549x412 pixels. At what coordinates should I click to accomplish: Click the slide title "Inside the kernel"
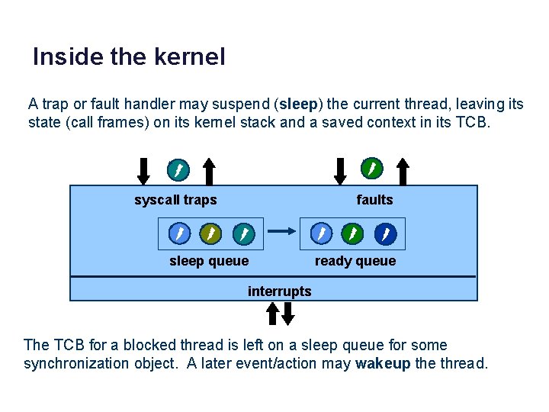point(129,57)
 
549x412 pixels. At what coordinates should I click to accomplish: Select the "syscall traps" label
point(175,201)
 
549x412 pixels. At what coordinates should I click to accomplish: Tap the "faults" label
point(374,201)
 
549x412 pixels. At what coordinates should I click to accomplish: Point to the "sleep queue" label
point(209,262)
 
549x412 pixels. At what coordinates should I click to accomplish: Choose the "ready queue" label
point(355,262)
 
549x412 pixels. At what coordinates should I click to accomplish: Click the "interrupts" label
point(279,291)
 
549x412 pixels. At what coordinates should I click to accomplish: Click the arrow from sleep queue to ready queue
point(283,230)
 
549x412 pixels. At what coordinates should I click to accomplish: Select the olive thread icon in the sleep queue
point(210,233)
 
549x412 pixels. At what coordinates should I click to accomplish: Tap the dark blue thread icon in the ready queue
point(387,233)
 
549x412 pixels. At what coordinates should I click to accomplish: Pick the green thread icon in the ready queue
point(353,233)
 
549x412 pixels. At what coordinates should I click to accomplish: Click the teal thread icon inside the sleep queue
point(243,233)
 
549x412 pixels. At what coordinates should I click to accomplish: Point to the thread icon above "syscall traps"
point(177,169)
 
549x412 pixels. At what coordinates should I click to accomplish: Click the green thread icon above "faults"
point(371,168)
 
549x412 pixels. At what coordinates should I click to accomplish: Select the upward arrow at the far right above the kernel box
point(404,171)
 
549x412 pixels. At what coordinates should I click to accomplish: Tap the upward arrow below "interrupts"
point(272,312)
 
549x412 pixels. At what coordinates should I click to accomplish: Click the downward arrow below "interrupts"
point(287,312)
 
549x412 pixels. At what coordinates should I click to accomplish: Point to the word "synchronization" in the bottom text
point(75,364)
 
